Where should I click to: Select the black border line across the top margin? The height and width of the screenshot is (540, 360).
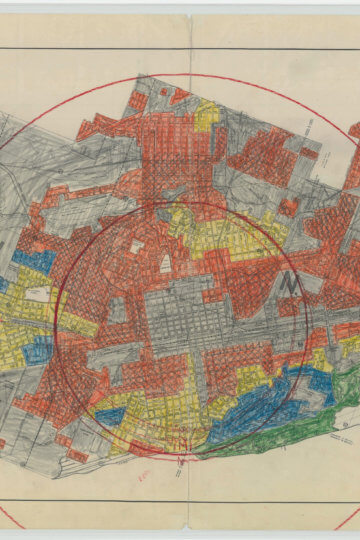[x=180, y=48]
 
